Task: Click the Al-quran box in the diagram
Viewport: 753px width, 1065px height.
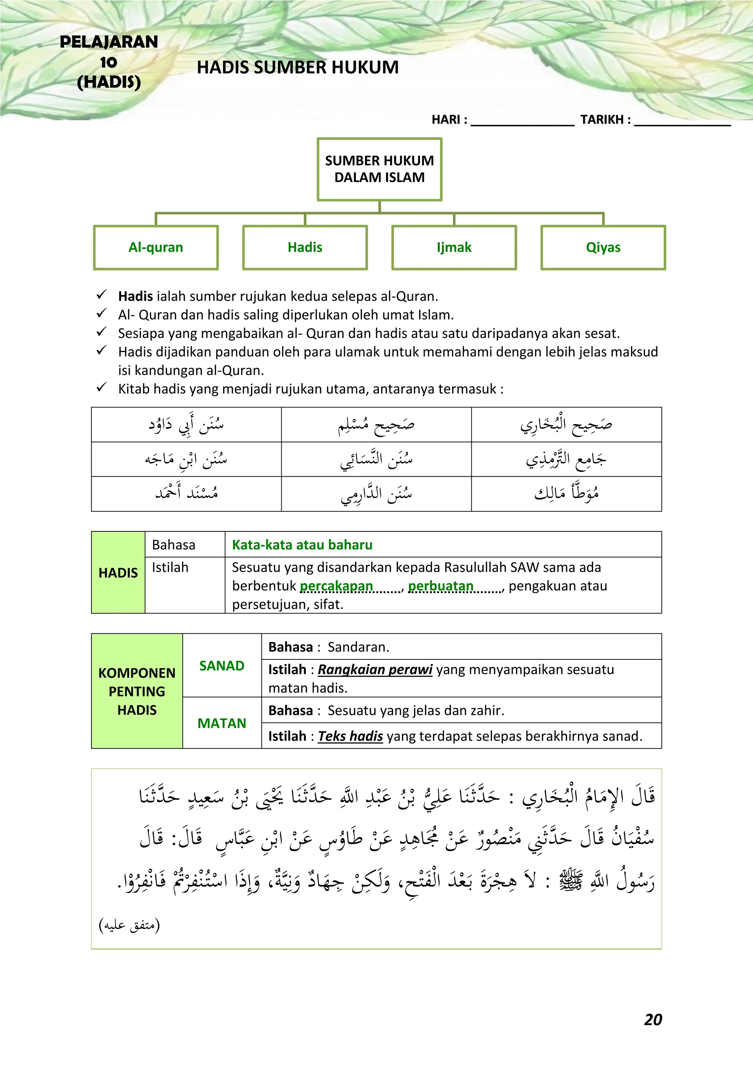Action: tap(156, 247)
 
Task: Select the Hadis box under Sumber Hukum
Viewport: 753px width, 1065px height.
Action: tap(305, 247)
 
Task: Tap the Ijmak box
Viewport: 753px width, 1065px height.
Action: tap(454, 247)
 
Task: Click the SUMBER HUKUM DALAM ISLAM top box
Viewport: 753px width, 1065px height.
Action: tap(379, 169)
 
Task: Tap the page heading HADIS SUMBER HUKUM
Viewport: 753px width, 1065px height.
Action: tap(298, 68)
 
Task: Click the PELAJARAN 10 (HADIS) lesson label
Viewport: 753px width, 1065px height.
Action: tap(109, 62)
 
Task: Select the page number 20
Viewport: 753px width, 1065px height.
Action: tap(653, 1019)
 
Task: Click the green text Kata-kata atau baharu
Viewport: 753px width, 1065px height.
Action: tap(302, 545)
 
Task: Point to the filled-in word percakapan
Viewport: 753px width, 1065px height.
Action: tap(336, 586)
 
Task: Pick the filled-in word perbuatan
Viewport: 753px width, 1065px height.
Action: tap(440, 586)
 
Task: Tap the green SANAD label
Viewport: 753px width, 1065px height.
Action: tap(222, 666)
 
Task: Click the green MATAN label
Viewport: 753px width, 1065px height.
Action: tap(222, 723)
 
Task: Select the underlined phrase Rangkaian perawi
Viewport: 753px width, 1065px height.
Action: tap(375, 669)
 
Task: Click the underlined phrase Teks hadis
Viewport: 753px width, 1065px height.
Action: tap(350, 736)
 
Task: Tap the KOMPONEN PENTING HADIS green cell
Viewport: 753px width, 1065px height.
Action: tap(137, 691)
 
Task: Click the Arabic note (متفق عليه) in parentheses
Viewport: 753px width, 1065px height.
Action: tap(129, 925)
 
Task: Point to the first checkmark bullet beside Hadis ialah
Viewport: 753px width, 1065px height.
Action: tap(101, 295)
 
